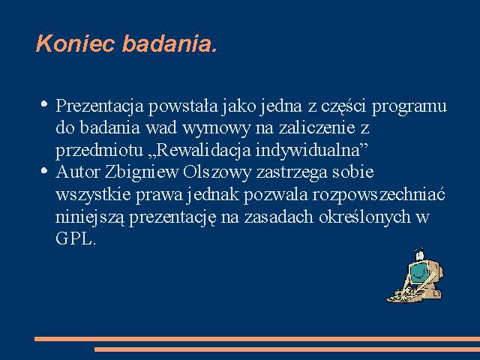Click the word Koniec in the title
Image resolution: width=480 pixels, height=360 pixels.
pos(76,43)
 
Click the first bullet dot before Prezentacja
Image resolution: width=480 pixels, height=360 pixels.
pos(44,103)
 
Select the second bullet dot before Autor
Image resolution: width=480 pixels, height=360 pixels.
pos(44,170)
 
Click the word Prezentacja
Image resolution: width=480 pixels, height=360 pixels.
pos(100,106)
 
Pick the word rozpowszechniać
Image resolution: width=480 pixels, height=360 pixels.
pos(379,195)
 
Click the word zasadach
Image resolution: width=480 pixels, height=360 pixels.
pos(279,217)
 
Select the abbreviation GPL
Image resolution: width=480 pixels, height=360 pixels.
pos(76,238)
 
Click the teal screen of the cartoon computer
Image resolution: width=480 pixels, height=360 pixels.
pos(419,271)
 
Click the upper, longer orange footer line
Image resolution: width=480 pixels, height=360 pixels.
pos(257,339)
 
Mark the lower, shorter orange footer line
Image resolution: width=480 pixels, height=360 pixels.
pos(287,349)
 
